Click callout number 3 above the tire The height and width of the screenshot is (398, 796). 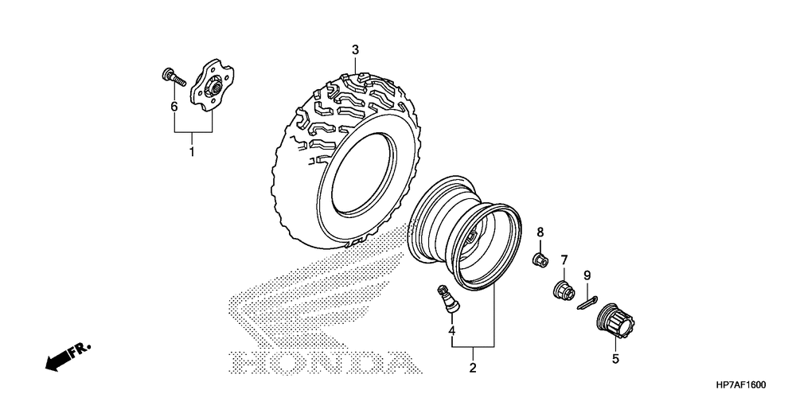pyautogui.click(x=356, y=50)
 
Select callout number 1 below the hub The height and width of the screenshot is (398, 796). pyautogui.click(x=192, y=150)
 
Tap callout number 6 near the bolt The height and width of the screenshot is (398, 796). pyautogui.click(x=174, y=106)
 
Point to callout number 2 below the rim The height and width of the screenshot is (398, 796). pyautogui.click(x=472, y=369)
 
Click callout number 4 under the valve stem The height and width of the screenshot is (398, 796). pyautogui.click(x=451, y=330)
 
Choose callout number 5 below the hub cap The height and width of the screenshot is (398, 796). pyautogui.click(x=615, y=359)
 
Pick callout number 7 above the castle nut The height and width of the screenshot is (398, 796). pyautogui.click(x=564, y=259)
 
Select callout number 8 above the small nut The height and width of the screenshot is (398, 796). pyautogui.click(x=540, y=232)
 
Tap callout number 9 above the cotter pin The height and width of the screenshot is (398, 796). pyautogui.click(x=587, y=275)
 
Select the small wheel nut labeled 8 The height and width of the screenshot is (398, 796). pyautogui.click(x=540, y=259)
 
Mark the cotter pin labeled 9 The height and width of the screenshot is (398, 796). pyautogui.click(x=587, y=302)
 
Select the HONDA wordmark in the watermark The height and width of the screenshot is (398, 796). pyautogui.click(x=322, y=362)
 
